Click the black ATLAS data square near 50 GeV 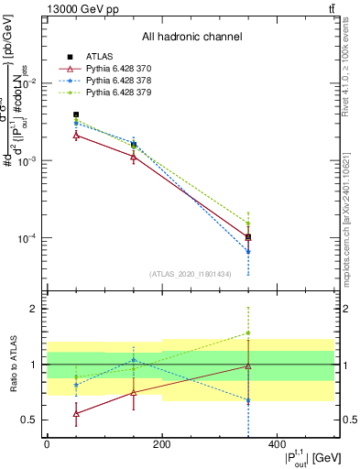coord(76,115)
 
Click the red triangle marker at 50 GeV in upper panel coord(76,135)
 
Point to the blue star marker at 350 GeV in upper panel coord(248,251)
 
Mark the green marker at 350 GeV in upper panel coord(248,223)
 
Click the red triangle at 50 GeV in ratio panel coord(76,413)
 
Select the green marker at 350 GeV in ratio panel coord(248,333)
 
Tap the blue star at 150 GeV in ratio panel coord(134,360)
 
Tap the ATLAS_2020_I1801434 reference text coord(191,274)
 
